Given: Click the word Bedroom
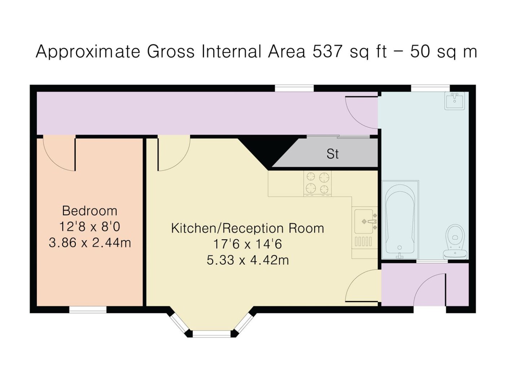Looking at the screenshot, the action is click(89, 211).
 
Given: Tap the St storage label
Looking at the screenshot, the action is click(333, 154).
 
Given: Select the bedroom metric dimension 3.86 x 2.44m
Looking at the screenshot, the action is click(90, 243).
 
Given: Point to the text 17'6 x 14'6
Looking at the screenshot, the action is click(247, 244).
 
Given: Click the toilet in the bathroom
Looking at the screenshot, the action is click(455, 242).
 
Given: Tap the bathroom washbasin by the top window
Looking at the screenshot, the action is click(454, 100).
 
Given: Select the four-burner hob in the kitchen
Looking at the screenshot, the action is click(317, 183).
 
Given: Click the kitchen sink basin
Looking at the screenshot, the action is click(364, 221).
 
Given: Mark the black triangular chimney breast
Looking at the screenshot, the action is click(269, 152).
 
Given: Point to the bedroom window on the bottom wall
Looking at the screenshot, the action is click(88, 309).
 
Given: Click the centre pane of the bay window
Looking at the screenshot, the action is click(211, 334).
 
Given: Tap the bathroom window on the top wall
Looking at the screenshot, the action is click(430, 88).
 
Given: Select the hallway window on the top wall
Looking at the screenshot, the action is click(294, 88).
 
